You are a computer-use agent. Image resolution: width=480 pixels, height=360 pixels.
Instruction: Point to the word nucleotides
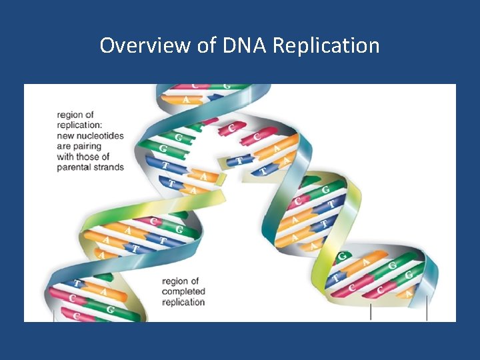[99, 135]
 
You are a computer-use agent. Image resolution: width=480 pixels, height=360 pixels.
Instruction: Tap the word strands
[109, 167]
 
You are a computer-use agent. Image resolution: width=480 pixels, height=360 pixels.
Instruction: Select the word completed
[183, 291]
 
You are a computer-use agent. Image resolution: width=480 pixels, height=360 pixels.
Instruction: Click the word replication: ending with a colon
[80, 125]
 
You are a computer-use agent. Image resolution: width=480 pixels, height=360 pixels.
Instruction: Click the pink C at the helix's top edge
[195, 87]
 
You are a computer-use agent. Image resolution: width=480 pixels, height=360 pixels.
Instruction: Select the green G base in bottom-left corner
[110, 310]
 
